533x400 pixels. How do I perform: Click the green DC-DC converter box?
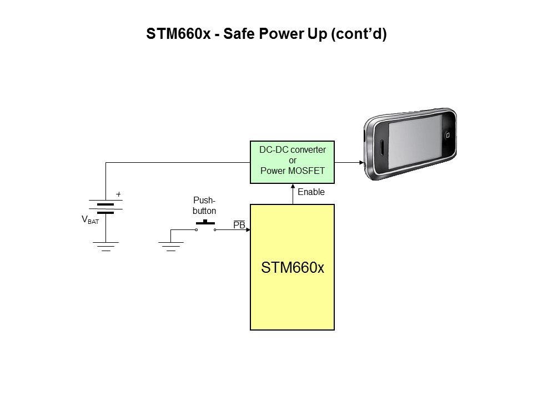click(293, 162)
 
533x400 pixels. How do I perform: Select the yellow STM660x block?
click(293, 267)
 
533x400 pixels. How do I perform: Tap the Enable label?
click(311, 192)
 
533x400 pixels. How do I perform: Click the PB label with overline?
click(239, 224)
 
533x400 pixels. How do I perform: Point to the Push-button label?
click(204, 206)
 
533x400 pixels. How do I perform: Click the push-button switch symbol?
click(205, 226)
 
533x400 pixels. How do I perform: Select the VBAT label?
click(90, 220)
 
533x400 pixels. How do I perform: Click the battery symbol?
click(105, 207)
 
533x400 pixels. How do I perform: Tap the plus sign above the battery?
click(118, 194)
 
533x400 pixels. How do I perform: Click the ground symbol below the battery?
click(105, 247)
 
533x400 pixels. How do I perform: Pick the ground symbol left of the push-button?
click(171, 247)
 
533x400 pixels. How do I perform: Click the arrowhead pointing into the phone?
click(361, 163)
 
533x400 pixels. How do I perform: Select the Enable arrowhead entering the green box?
click(293, 186)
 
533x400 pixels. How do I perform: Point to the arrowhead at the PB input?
click(248, 229)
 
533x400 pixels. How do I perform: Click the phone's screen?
click(415, 141)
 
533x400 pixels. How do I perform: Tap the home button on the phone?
click(447, 136)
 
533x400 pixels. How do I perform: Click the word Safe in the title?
click(239, 34)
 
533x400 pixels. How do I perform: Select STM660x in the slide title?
click(178, 34)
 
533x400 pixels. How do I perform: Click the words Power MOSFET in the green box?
click(293, 171)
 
